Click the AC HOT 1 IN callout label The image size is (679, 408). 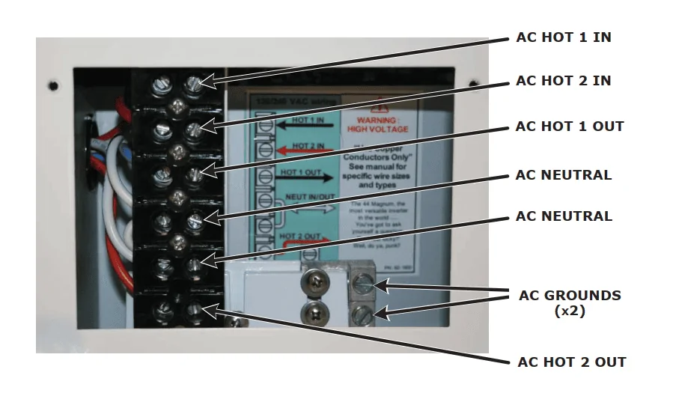coord(563,37)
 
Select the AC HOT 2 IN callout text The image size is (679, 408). coord(563,80)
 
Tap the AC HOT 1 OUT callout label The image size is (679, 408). coord(569,126)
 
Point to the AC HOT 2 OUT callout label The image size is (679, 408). coord(572,362)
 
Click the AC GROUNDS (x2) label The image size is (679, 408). coord(570,302)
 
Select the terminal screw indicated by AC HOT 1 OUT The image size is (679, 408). coord(195,174)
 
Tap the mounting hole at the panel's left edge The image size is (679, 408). coord(55,86)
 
